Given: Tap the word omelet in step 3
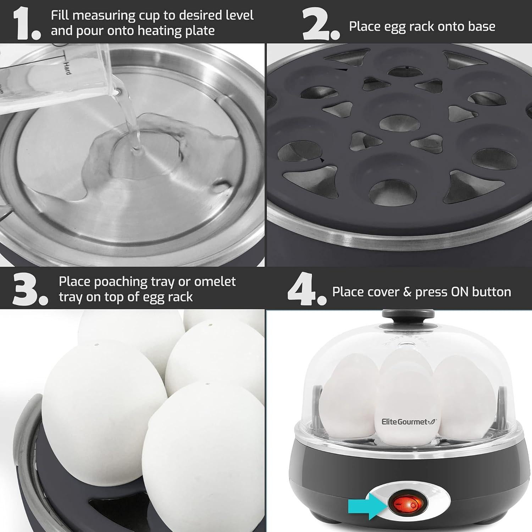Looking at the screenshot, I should click(x=215, y=281).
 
